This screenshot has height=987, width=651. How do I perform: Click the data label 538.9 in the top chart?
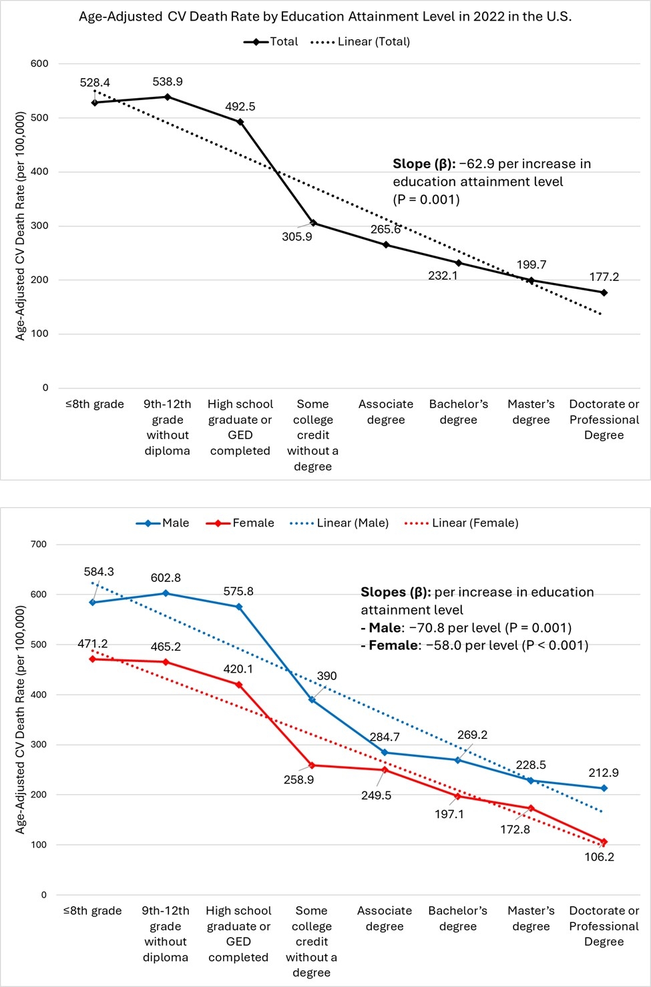168,82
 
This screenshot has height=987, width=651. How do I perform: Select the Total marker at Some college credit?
313,223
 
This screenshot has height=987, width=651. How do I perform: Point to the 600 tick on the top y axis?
40,64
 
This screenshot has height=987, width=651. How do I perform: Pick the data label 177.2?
604,277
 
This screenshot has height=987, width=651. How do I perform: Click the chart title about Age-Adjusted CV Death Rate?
325,17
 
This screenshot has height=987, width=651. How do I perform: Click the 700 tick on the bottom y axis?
39,545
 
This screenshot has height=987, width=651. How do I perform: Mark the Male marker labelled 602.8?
166,593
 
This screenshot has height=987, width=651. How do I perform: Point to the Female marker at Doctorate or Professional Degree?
604,842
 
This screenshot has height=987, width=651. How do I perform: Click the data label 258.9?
298,779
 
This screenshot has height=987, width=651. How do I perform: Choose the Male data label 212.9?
604,773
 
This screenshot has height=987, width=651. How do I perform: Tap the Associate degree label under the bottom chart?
385,918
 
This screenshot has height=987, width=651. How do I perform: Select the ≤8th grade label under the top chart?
95,404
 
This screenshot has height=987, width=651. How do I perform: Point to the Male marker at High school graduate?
239,607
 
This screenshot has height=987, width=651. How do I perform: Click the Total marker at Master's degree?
531,281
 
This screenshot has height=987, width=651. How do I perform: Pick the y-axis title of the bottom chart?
21,719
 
